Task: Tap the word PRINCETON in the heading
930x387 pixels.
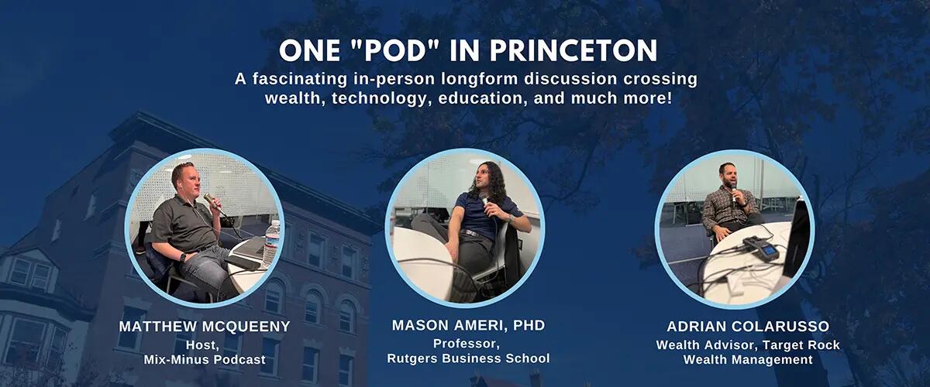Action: pos(573,51)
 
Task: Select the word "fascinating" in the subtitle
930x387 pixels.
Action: pos(300,79)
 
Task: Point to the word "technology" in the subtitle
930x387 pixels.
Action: pos(379,99)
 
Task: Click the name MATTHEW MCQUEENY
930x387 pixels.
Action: pos(205,327)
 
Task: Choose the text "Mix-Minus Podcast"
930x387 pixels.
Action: pos(205,359)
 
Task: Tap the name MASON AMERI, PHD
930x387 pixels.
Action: pos(468,325)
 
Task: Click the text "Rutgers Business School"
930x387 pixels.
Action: pos(468,358)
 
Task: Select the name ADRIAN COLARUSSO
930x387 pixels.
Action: pos(748,327)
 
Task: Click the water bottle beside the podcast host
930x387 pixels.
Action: pos(272,244)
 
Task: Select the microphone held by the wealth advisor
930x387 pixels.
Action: pos(734,195)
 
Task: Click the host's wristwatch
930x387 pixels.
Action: pos(183,257)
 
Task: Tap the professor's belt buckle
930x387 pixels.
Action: pos(467,233)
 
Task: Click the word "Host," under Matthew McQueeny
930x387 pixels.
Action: pos(202,345)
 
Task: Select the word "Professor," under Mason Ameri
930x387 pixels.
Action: pos(467,344)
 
